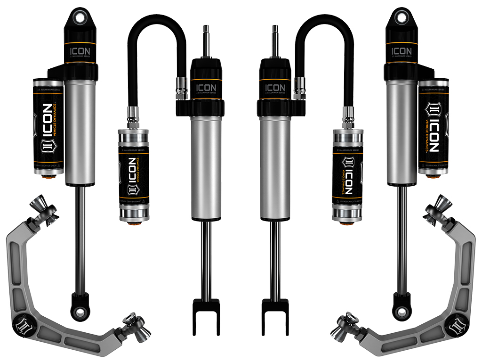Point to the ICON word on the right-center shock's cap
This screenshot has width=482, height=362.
[275, 88]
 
